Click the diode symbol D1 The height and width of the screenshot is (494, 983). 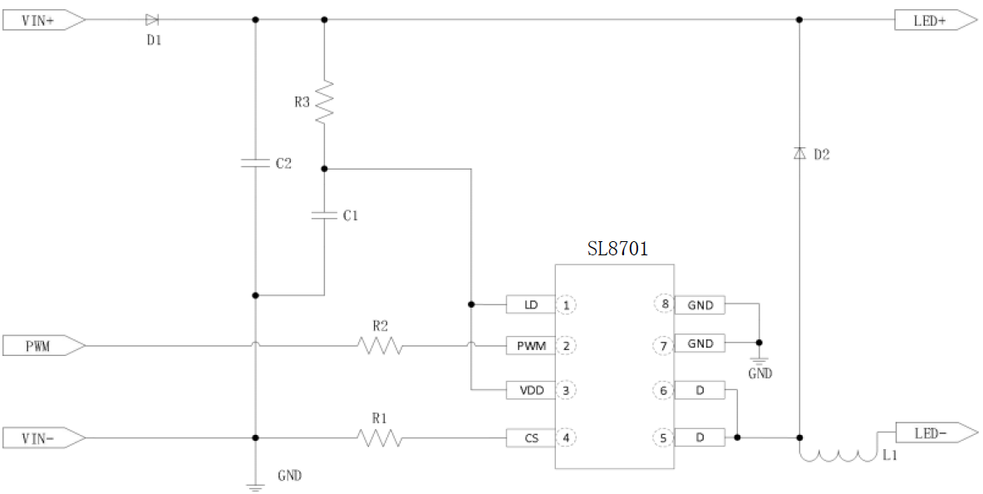point(152,19)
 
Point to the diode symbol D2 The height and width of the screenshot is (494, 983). point(799,153)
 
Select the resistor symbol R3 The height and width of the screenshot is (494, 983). point(324,102)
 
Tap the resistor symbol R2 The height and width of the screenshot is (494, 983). point(380,344)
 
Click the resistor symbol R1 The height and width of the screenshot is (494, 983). point(380,437)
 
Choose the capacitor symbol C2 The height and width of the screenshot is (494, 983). point(255,164)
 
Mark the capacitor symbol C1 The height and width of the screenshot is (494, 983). point(324,215)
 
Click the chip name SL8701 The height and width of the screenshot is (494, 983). point(617,249)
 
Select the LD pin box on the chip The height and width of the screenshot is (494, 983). point(530,305)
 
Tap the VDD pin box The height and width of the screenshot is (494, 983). point(530,390)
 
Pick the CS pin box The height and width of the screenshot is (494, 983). point(530,437)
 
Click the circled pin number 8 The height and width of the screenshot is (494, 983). point(665,304)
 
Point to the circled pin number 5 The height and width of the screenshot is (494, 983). point(665,436)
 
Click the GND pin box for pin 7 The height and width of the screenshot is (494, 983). point(700,343)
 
